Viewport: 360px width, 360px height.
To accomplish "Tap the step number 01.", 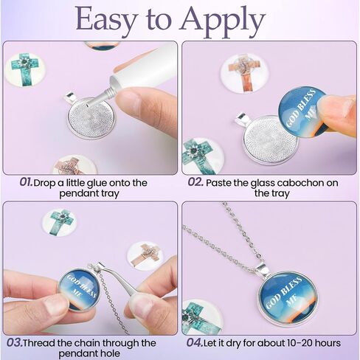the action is click(26, 182).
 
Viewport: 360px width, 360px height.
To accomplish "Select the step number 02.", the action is click(195, 182).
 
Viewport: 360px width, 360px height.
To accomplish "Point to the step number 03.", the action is click(15, 343).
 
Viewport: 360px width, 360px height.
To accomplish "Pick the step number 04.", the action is click(195, 343).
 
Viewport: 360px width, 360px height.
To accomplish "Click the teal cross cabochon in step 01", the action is click(25, 69).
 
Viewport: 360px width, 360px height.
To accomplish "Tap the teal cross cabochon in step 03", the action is click(59, 222).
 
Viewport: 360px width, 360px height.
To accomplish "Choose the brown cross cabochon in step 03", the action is click(146, 256).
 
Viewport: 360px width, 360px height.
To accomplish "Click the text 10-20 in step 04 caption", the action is click(282, 343).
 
